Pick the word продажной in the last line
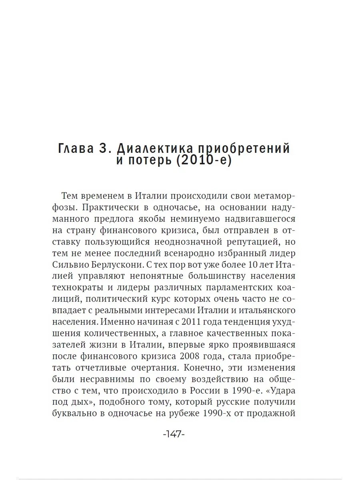(x=271, y=413)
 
